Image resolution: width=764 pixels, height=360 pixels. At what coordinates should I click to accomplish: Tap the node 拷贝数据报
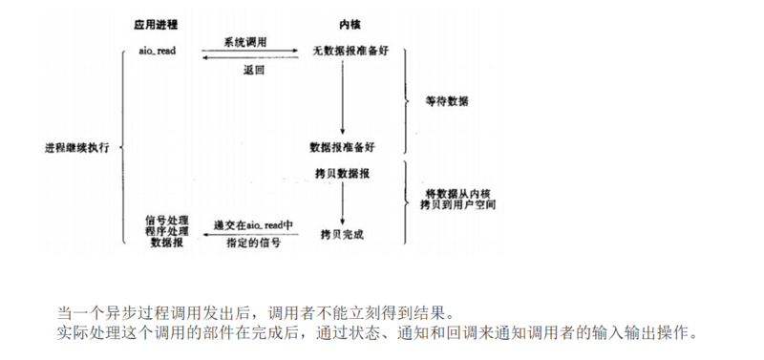(342, 176)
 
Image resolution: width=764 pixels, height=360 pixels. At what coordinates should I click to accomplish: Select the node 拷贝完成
(342, 232)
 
